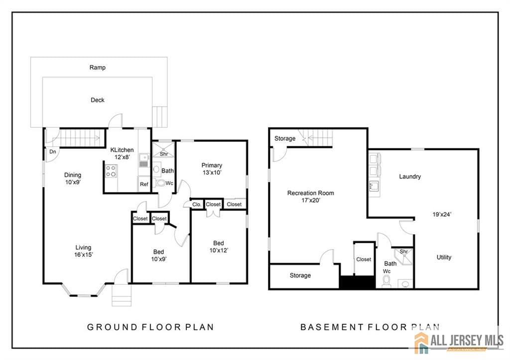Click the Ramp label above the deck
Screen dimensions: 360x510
(x=98, y=67)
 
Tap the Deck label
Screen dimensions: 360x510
(x=98, y=100)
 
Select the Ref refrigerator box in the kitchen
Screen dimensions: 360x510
(x=144, y=184)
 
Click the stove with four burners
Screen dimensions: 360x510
(x=111, y=171)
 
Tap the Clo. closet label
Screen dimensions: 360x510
(x=196, y=204)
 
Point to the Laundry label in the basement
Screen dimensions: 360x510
(x=410, y=176)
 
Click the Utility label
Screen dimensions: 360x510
(x=444, y=257)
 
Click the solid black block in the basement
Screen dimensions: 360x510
(x=357, y=282)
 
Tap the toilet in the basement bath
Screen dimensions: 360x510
(x=386, y=281)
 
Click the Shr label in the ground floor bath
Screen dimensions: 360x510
(x=163, y=154)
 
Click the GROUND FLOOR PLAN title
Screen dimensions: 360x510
(x=150, y=327)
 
